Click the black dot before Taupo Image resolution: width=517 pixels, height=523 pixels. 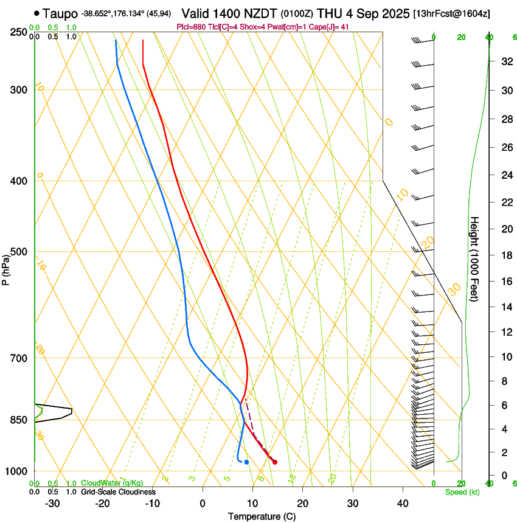click(38, 13)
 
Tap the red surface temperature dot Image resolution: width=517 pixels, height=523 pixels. click(275, 462)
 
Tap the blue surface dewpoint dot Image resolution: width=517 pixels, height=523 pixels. click(246, 462)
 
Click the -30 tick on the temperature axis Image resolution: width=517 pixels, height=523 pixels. click(52, 503)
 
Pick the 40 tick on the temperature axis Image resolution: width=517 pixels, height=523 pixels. click(402, 503)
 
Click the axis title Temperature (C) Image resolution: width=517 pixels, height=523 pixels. click(262, 516)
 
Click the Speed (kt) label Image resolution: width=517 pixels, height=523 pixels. click(462, 492)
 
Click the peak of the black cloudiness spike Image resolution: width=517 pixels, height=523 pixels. click(72, 410)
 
